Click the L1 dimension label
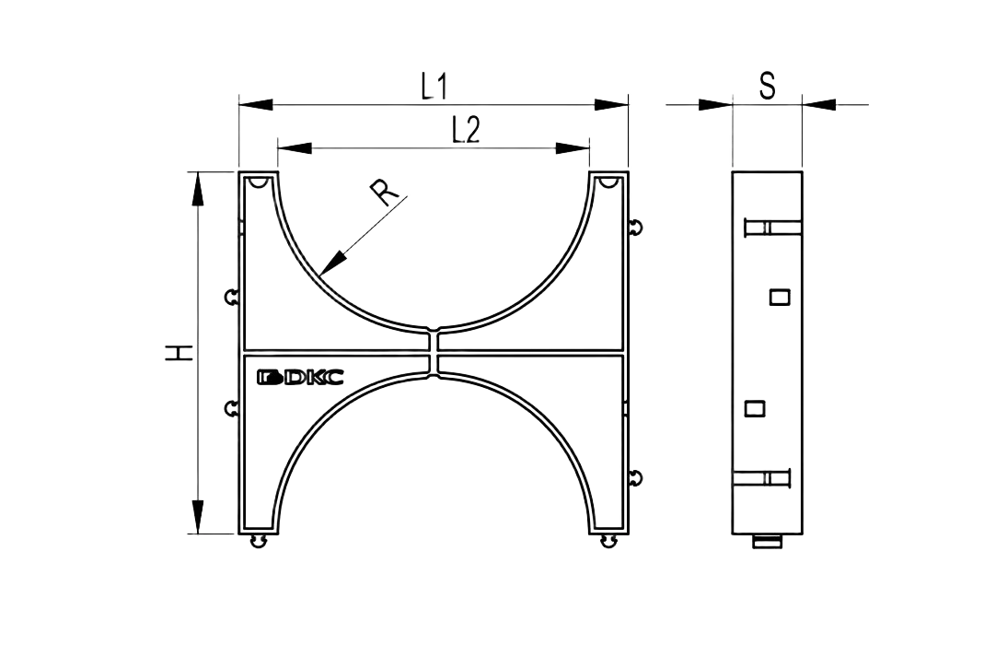click(x=434, y=87)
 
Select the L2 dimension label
click(x=466, y=131)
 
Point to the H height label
click(x=179, y=352)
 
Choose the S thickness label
click(x=768, y=86)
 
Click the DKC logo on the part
click(x=300, y=377)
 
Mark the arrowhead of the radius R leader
click(x=332, y=263)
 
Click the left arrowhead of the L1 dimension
click(x=256, y=104)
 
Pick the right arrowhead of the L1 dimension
click(x=611, y=104)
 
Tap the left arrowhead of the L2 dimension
click(x=295, y=148)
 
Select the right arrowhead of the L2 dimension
click(x=573, y=148)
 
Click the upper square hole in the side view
click(x=780, y=297)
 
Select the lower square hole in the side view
click(x=755, y=408)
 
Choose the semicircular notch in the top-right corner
click(x=608, y=182)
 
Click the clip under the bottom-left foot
click(x=259, y=542)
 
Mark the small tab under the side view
click(x=768, y=542)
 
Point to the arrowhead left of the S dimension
click(x=715, y=104)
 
